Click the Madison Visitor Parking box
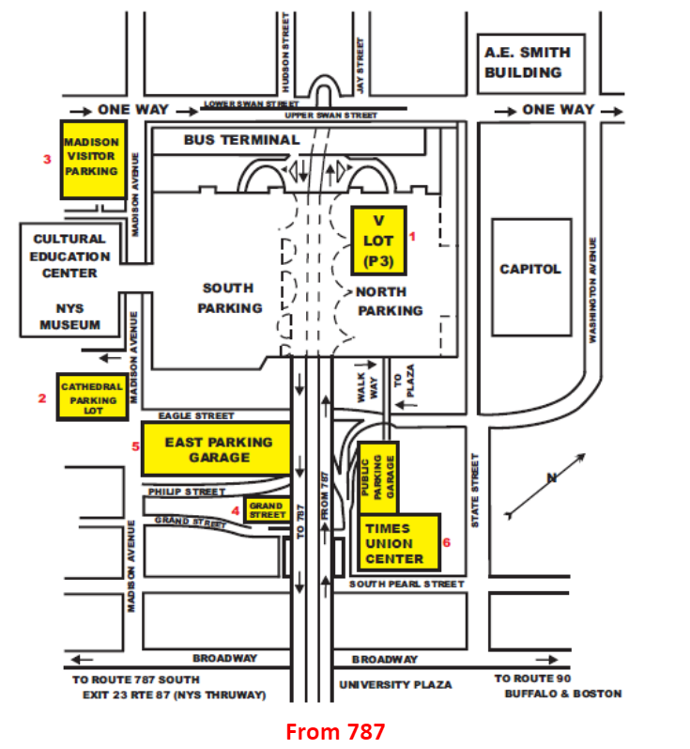click(x=94, y=160)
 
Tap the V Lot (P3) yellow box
click(x=379, y=242)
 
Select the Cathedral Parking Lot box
click(x=93, y=398)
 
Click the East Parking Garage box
click(x=216, y=449)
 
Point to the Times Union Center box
click(x=399, y=542)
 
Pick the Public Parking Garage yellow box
click(x=378, y=477)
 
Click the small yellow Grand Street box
click(x=268, y=509)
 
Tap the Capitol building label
click(x=530, y=270)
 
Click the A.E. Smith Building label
click(x=528, y=63)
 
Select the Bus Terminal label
click(x=242, y=140)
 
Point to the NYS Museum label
click(x=70, y=317)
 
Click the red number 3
click(x=47, y=159)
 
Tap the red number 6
click(x=447, y=542)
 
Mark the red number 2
click(x=42, y=398)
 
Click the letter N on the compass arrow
click(x=552, y=477)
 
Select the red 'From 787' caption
click(x=335, y=732)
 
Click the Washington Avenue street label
click(x=592, y=290)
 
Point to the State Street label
click(x=475, y=491)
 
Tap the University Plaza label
click(x=395, y=685)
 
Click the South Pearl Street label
click(x=406, y=585)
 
